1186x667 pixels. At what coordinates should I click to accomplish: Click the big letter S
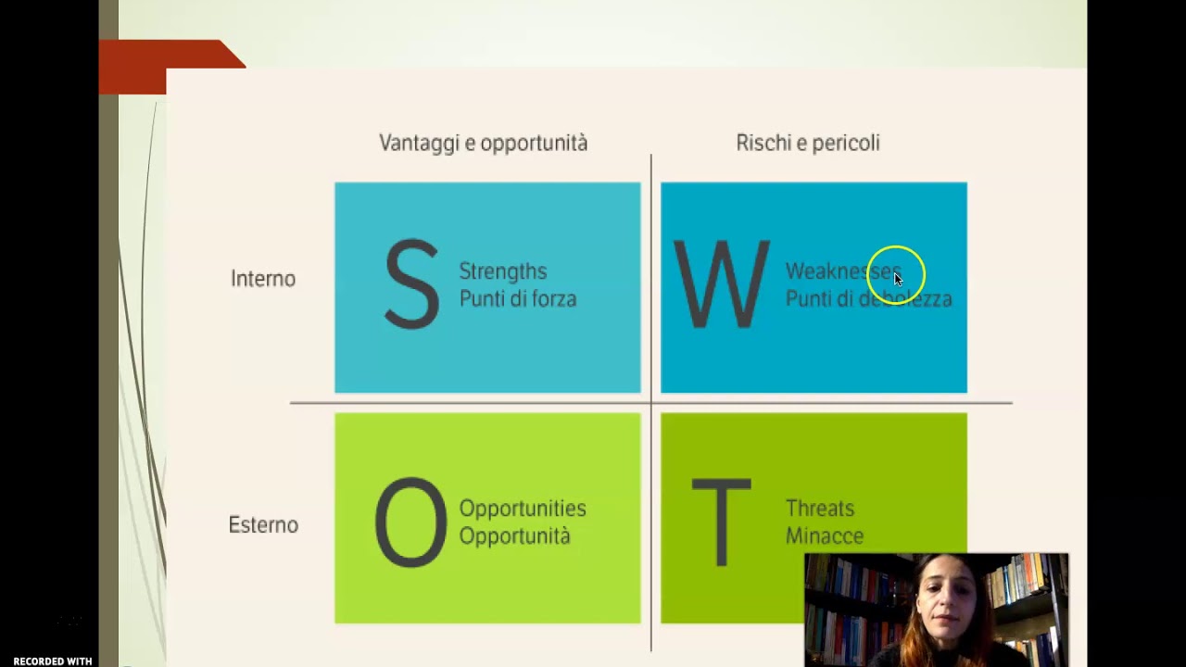tap(411, 284)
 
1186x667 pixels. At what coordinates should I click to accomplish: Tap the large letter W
tap(722, 284)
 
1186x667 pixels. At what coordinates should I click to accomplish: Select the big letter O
tap(410, 522)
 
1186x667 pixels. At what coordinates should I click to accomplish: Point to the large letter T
tap(721, 522)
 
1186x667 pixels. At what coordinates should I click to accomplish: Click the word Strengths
tap(503, 271)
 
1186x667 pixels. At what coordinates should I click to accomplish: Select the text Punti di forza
tap(518, 299)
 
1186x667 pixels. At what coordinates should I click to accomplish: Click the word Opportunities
tap(523, 509)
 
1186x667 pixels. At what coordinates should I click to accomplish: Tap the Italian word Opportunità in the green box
tap(514, 536)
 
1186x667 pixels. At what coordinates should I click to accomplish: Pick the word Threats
tap(820, 509)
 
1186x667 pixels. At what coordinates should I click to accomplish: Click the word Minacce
tap(825, 536)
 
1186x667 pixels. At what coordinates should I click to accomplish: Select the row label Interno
tap(263, 279)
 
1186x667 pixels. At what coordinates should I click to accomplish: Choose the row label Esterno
tap(263, 525)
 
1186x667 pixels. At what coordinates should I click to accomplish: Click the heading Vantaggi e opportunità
tap(483, 143)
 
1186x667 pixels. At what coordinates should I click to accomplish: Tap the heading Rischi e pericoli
tap(808, 143)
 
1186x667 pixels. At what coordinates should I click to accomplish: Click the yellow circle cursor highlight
tap(897, 274)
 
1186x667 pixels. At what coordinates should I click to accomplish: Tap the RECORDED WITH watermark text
tap(52, 661)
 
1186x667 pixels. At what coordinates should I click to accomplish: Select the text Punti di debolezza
tap(868, 299)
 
